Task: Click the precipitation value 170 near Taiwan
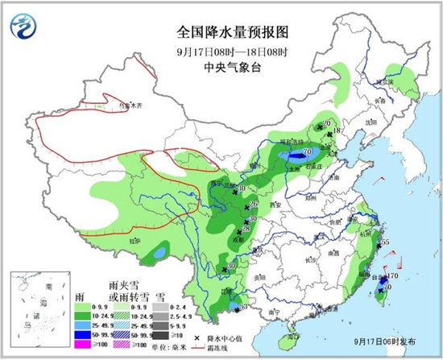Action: coord(392,277)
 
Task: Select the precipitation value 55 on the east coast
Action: coord(385,242)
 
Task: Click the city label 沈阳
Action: coord(371,122)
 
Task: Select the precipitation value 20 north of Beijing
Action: coord(326,123)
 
